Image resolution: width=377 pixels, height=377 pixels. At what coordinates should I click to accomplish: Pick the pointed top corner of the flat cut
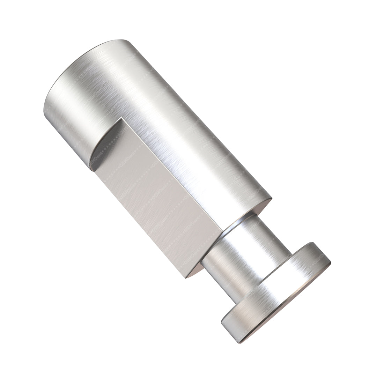(x=121, y=119)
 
